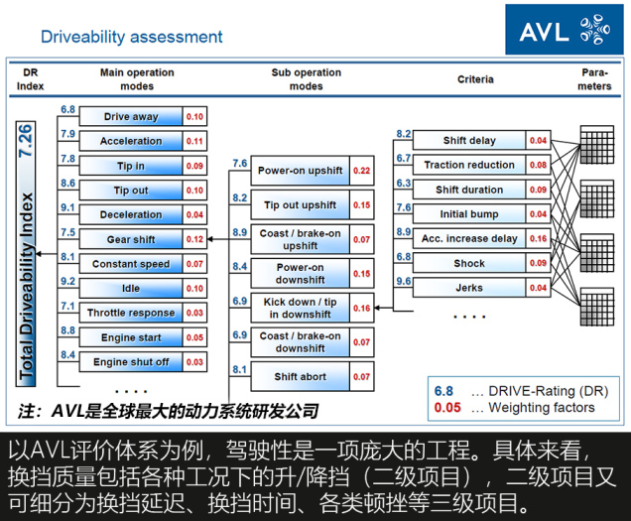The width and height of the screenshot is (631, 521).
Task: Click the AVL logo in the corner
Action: (565, 30)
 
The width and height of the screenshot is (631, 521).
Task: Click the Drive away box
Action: (131, 117)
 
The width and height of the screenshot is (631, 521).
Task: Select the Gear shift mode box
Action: (131, 239)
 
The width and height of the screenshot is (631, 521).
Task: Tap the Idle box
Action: (131, 288)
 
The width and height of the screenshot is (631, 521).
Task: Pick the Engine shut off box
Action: (131, 362)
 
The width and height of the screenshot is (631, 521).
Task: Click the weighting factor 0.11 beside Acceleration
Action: (194, 141)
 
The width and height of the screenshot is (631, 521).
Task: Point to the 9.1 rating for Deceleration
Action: (68, 207)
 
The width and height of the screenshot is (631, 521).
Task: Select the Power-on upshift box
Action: (301, 171)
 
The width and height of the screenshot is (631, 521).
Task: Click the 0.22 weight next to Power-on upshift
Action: (362, 171)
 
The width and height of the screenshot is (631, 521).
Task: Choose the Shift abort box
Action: (301, 377)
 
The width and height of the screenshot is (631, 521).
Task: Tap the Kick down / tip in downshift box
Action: (301, 308)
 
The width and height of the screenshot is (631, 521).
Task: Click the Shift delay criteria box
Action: (469, 141)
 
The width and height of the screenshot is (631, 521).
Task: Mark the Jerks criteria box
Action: (469, 288)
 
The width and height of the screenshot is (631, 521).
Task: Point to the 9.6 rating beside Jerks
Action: (404, 281)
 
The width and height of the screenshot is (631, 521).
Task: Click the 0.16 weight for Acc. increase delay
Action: (538, 239)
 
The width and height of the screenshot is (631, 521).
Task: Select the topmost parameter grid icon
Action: (597, 145)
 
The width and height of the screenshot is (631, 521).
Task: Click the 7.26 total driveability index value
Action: (26, 141)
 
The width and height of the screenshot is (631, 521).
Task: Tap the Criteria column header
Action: (475, 79)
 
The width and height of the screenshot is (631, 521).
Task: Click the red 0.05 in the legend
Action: (447, 408)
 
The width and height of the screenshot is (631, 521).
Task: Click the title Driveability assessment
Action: (132, 37)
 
